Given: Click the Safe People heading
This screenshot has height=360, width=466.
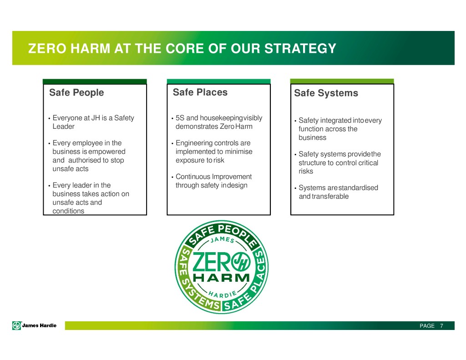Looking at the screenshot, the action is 76,92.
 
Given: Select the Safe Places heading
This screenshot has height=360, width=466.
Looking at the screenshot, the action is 200,92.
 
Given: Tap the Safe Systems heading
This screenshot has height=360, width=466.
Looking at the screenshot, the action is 326,93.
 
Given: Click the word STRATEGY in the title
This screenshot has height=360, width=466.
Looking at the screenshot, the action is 300,48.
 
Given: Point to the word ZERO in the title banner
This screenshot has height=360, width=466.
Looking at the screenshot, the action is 47,48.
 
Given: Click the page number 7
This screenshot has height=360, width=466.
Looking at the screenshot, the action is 441,326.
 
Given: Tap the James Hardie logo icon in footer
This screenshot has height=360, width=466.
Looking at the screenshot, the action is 17,325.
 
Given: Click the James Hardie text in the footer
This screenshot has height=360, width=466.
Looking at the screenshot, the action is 39,325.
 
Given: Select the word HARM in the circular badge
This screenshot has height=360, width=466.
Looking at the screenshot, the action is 222,278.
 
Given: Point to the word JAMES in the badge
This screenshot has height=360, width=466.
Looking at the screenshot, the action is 222,239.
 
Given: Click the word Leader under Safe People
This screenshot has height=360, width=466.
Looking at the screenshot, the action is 63,127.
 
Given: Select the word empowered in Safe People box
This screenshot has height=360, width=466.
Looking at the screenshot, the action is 106,152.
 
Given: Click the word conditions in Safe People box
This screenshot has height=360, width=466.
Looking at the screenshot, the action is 68,211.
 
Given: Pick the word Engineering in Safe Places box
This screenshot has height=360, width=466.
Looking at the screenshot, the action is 194,143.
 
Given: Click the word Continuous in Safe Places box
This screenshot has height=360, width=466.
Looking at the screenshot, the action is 193,177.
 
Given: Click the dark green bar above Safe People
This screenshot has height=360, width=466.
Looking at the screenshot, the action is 95,81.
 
